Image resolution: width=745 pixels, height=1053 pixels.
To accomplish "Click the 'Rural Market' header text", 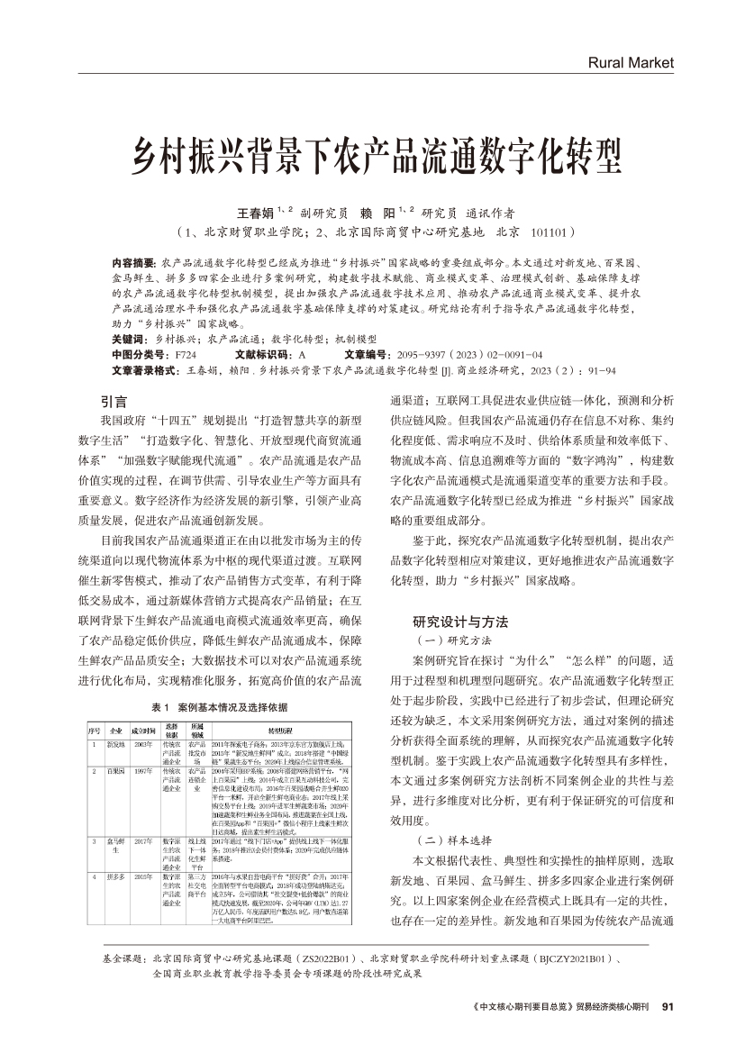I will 630,63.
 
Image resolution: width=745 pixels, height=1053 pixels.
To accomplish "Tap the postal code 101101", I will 549,232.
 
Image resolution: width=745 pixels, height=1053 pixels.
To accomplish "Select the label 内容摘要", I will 133,261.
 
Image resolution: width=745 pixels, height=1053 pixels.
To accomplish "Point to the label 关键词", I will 129,338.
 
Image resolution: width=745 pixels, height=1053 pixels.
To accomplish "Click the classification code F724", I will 185,354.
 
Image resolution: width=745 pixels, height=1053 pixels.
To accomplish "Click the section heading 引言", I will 114,401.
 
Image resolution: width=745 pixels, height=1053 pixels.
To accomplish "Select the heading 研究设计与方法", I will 460,622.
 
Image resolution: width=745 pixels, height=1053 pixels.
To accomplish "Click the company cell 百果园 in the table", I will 115,773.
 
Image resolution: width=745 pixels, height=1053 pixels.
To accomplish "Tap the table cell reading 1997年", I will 143,773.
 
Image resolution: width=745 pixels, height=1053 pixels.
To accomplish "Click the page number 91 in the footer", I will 667,1007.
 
